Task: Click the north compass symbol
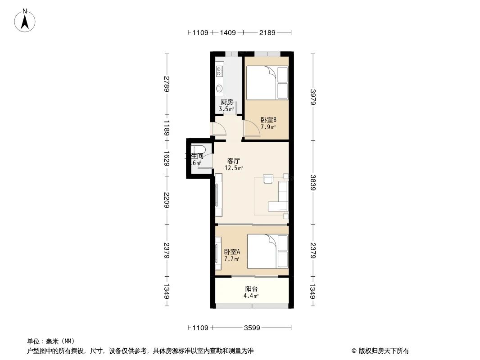25,20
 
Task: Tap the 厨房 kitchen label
226,102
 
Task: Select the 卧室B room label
268,120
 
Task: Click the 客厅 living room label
233,161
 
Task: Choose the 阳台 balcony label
251,289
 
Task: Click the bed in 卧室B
267,83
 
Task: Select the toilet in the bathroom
198,149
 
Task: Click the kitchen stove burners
220,70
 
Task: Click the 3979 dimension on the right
313,96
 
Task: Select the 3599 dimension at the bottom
252,328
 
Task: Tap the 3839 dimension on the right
313,182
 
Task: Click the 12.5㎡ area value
234,168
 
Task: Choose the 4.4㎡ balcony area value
251,296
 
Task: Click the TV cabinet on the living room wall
219,195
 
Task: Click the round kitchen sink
220,88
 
